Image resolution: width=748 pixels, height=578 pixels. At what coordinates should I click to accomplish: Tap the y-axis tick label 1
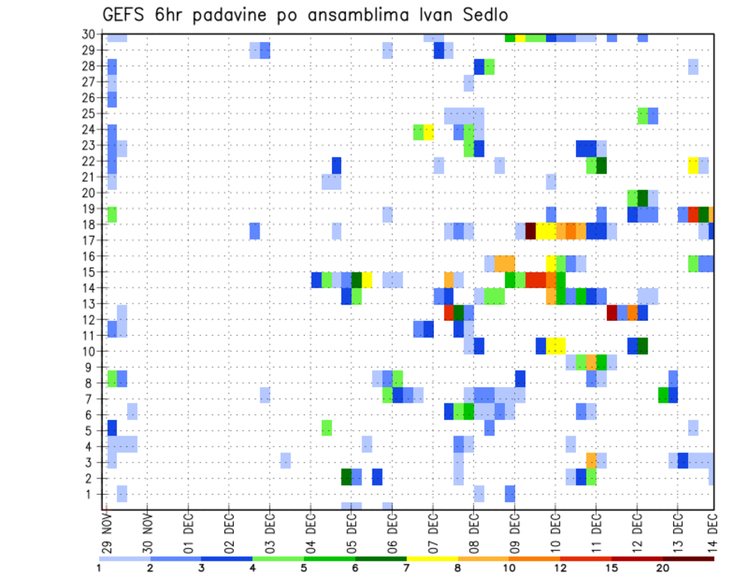tap(92, 494)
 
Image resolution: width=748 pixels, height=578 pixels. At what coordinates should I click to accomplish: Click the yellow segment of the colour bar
tap(432, 558)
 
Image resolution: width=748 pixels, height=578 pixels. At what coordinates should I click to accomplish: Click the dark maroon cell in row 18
tap(531, 231)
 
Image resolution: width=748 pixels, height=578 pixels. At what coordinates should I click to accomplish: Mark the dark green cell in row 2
tap(347, 477)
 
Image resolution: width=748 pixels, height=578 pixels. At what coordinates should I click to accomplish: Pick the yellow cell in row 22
tap(693, 165)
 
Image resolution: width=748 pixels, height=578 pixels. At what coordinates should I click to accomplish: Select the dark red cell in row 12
tap(612, 312)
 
